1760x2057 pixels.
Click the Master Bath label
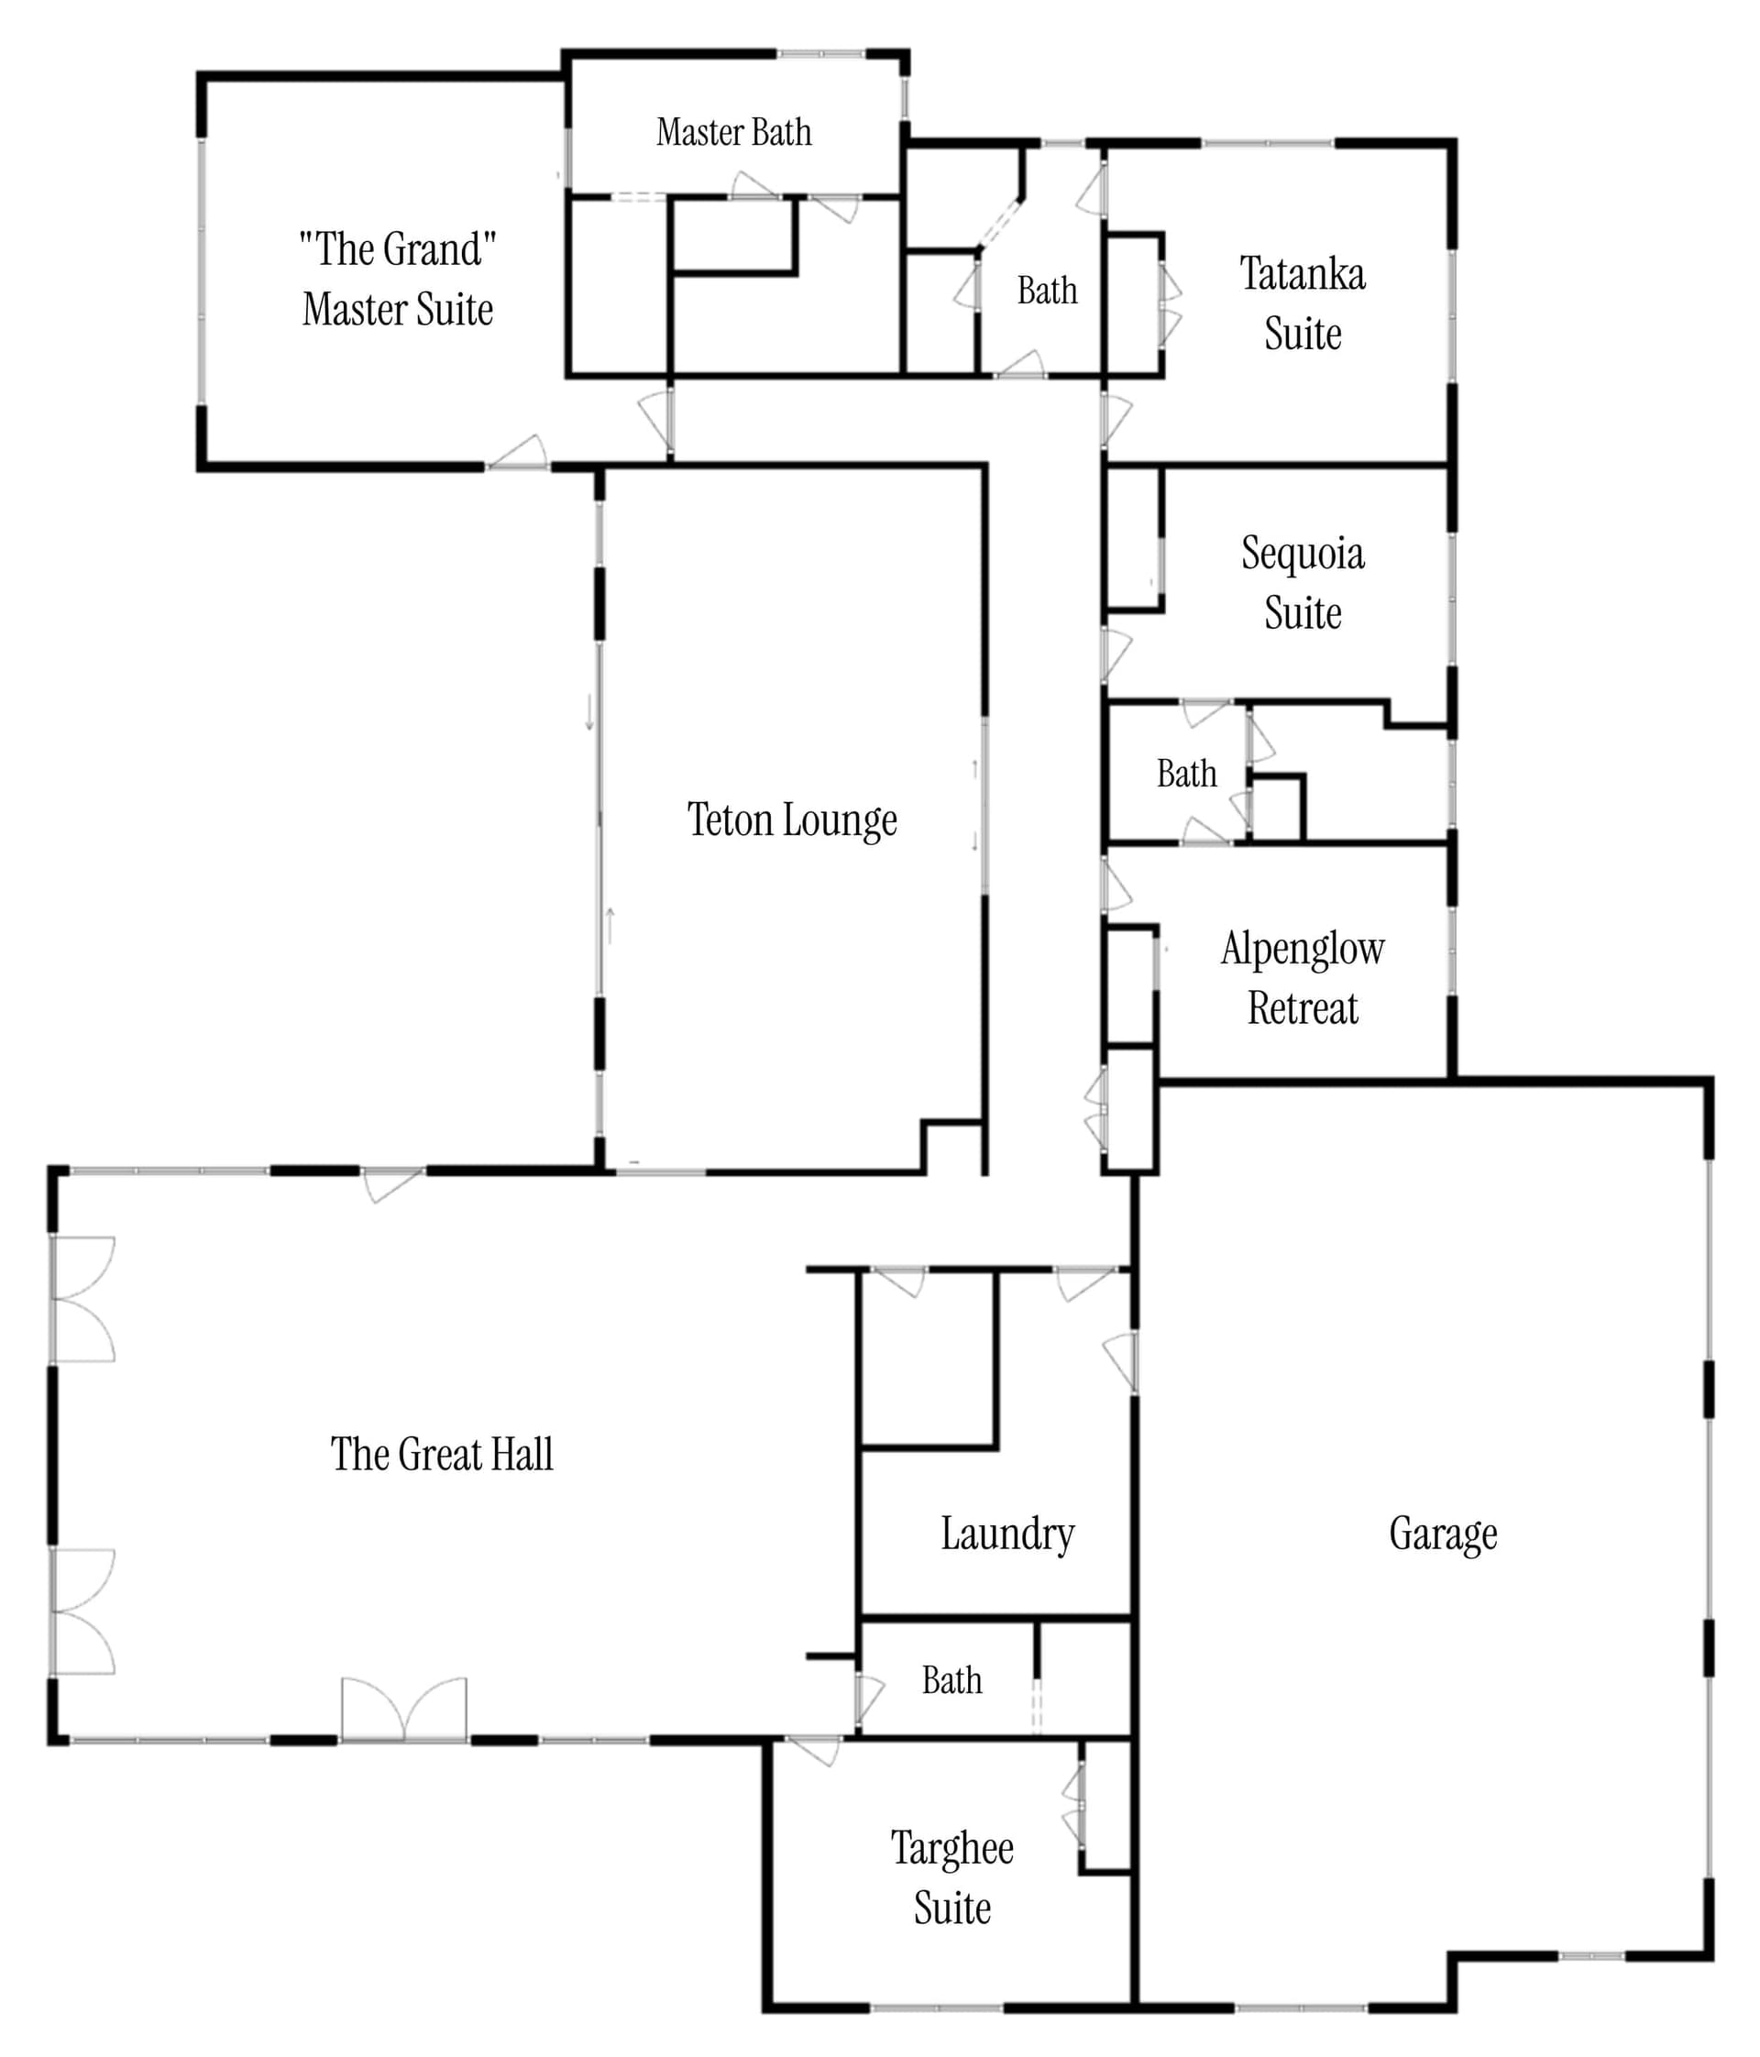(x=733, y=132)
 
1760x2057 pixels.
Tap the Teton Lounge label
(x=792, y=821)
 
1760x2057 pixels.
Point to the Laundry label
(x=1007, y=1534)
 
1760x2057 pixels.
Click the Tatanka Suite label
(x=1303, y=302)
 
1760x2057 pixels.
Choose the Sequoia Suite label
(x=1303, y=583)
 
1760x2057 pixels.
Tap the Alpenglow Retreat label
(x=1303, y=978)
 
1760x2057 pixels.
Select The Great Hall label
(x=442, y=1455)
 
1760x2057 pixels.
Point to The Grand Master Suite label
(x=398, y=279)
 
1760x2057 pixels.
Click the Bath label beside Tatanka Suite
(x=1047, y=291)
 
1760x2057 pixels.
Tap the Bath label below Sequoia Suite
(x=1186, y=774)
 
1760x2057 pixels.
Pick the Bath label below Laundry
(x=952, y=1681)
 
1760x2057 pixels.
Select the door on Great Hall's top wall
(x=393, y=1184)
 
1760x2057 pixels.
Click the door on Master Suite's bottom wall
(x=517, y=452)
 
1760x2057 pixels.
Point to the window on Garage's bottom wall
(x=1591, y=1956)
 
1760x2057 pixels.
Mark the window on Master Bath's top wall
(x=821, y=53)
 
